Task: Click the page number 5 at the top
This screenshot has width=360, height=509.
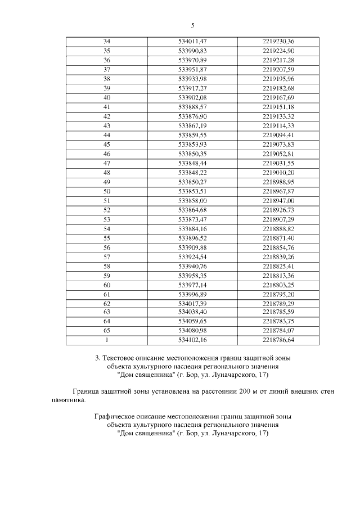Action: pyautogui.click(x=192, y=26)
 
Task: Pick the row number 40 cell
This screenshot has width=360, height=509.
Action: pyautogui.click(x=107, y=97)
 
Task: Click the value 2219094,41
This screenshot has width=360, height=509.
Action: pyautogui.click(x=278, y=135)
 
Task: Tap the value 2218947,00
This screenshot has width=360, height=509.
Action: pyautogui.click(x=278, y=200)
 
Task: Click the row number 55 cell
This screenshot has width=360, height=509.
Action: pyautogui.click(x=107, y=238)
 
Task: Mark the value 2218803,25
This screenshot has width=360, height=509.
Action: pyautogui.click(x=278, y=285)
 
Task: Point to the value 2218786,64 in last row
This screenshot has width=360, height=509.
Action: pyautogui.click(x=278, y=340)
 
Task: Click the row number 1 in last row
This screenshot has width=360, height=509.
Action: pyautogui.click(x=107, y=340)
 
